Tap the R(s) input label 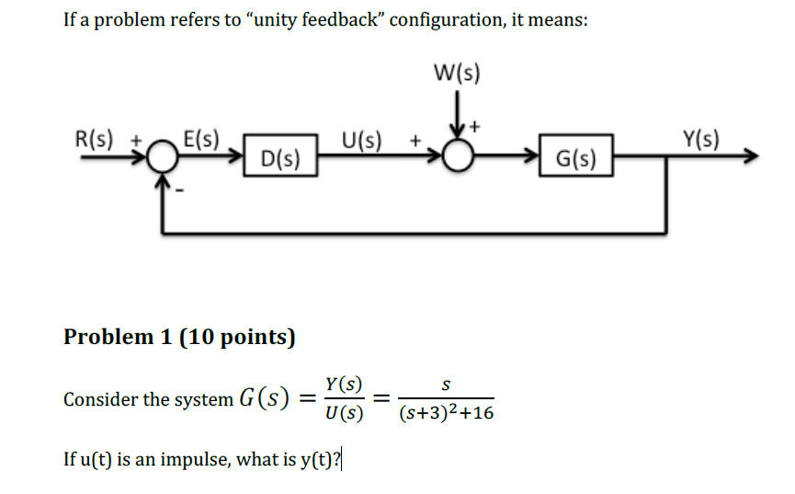tap(93, 141)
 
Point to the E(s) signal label tap(201, 141)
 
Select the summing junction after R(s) tap(164, 158)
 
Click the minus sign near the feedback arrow tap(180, 193)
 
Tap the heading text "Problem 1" tap(118, 337)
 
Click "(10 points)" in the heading tap(237, 337)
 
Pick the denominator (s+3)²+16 tap(446, 414)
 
